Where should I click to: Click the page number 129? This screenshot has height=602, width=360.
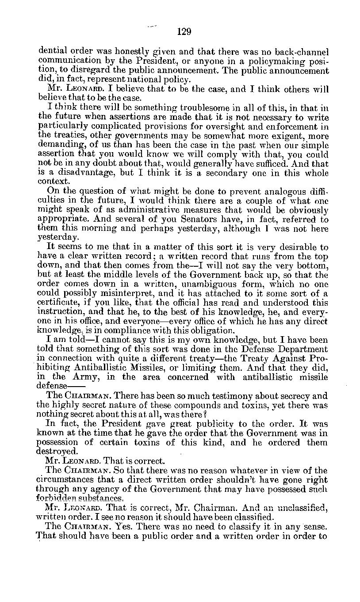184,31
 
